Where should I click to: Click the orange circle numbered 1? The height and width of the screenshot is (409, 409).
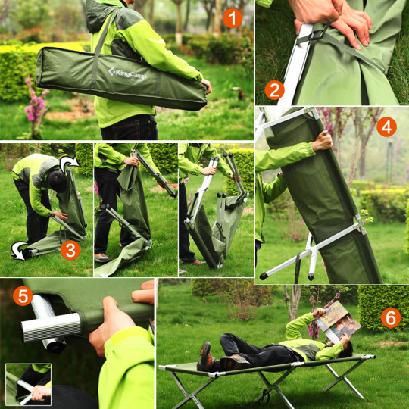[233, 18]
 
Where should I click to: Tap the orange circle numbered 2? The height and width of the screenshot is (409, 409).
[274, 90]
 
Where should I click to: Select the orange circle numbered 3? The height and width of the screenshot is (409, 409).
[70, 250]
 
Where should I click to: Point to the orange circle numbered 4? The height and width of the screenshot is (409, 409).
[386, 127]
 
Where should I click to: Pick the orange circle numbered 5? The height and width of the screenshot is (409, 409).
[23, 296]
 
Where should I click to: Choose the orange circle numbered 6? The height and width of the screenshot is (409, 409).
[391, 318]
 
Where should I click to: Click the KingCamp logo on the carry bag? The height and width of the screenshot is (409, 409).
[127, 73]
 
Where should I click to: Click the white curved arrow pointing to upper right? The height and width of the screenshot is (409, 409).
[69, 164]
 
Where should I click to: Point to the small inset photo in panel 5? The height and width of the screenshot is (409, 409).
[29, 385]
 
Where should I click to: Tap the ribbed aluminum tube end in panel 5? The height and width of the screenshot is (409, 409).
[51, 327]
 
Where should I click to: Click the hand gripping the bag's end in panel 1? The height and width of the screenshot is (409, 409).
[207, 86]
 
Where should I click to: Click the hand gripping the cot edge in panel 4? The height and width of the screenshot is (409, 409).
[323, 141]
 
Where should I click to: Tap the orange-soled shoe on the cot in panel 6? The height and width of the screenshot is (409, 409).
[205, 357]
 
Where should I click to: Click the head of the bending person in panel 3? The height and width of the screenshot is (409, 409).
[57, 181]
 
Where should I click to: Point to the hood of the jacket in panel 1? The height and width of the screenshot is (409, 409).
[101, 15]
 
